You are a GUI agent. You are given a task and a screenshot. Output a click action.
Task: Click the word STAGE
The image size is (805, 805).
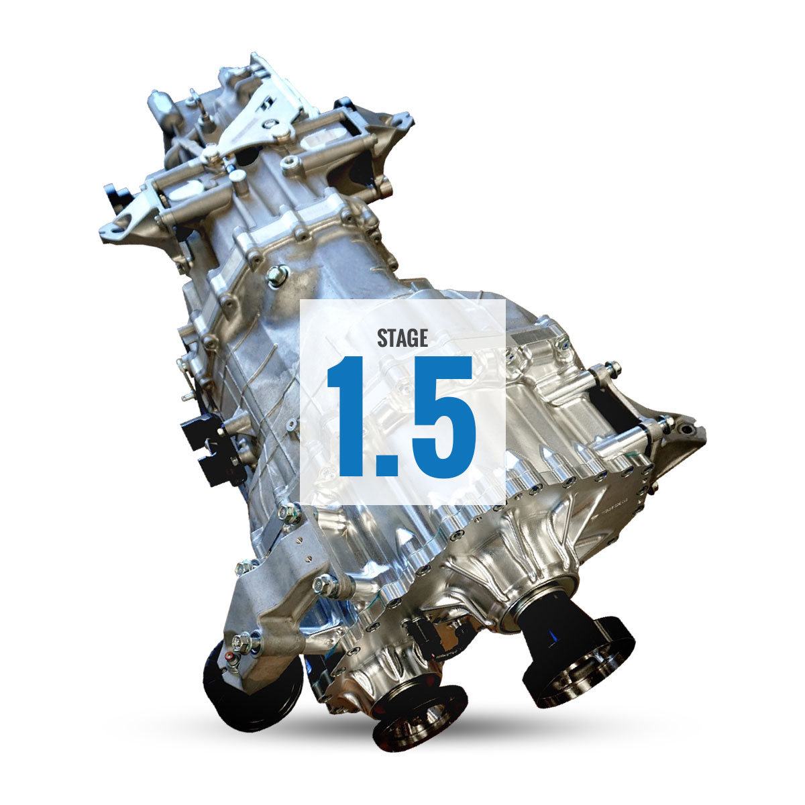pyautogui.click(x=402, y=337)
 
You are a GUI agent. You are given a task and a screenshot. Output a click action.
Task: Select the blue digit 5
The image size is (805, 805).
pyautogui.click(x=440, y=416)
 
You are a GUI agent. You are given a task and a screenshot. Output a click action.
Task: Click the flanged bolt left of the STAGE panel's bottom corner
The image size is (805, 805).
pyautogui.click(x=284, y=513)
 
